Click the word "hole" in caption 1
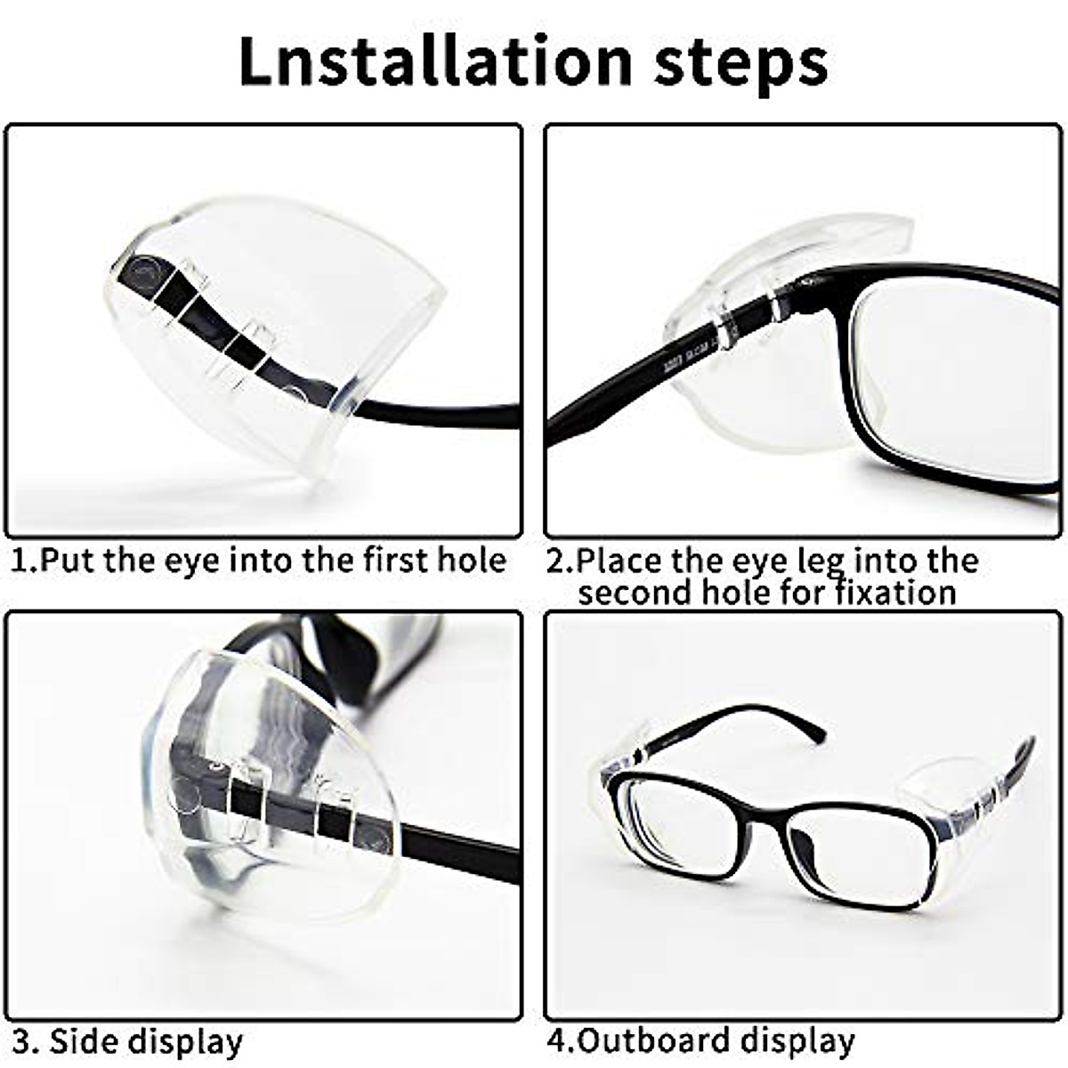(472, 560)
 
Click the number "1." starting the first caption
(25, 561)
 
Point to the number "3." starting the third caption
(25, 1040)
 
